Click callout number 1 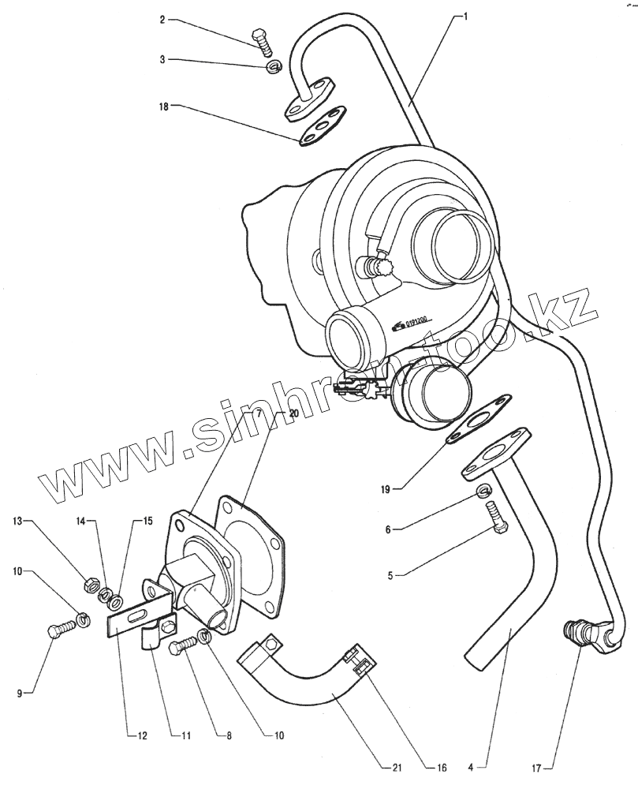[x=466, y=15]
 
